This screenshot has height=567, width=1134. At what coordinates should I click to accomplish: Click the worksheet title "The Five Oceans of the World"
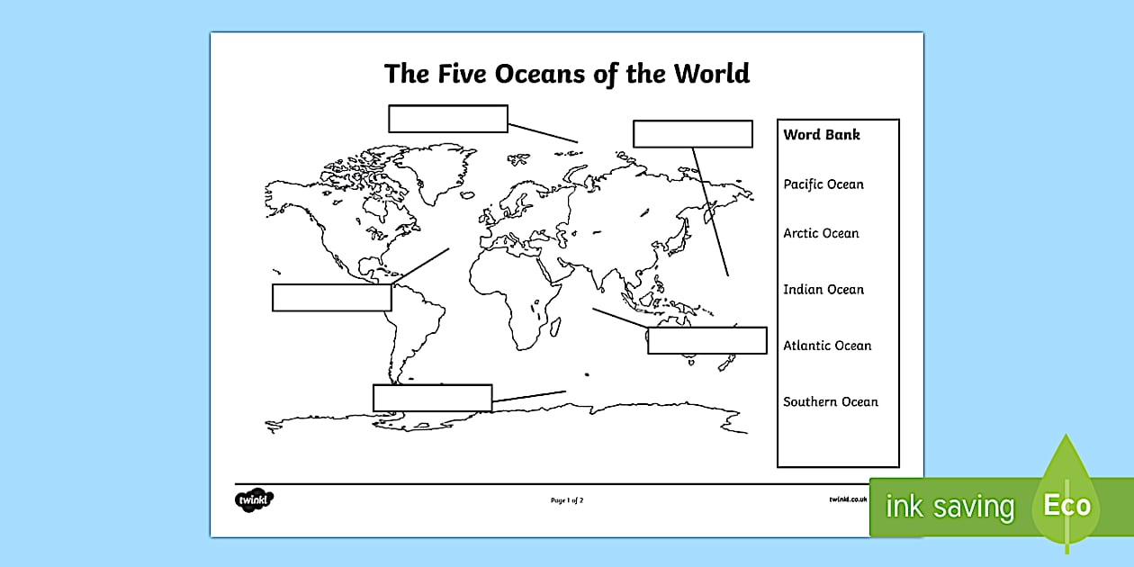tap(567, 73)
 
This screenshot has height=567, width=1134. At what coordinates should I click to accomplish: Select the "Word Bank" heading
tap(822, 135)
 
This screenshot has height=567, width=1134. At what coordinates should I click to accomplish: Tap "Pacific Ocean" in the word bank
tap(823, 184)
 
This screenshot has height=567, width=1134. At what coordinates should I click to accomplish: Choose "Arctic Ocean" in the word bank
tap(821, 233)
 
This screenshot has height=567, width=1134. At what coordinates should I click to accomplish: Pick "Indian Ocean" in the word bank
tap(823, 290)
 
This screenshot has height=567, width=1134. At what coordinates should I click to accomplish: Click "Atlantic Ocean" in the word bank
tap(827, 346)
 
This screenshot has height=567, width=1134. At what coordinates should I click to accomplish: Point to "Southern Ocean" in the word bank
tap(830, 402)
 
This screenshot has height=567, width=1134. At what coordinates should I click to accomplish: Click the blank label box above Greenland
tap(448, 119)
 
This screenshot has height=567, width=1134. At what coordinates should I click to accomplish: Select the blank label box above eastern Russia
tap(692, 134)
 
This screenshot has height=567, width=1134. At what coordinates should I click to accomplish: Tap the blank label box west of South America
tap(331, 298)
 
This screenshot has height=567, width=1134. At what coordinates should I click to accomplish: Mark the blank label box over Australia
tap(706, 341)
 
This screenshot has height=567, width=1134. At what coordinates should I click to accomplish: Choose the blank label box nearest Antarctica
tap(432, 398)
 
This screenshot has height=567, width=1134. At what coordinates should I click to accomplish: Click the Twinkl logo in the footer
tap(254, 499)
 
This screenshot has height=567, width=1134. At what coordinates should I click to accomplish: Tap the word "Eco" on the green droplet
tap(1066, 506)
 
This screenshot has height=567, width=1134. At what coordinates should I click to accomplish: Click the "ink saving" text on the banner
tap(949, 508)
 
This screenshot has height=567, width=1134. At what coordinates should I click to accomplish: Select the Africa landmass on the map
tap(522, 288)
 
